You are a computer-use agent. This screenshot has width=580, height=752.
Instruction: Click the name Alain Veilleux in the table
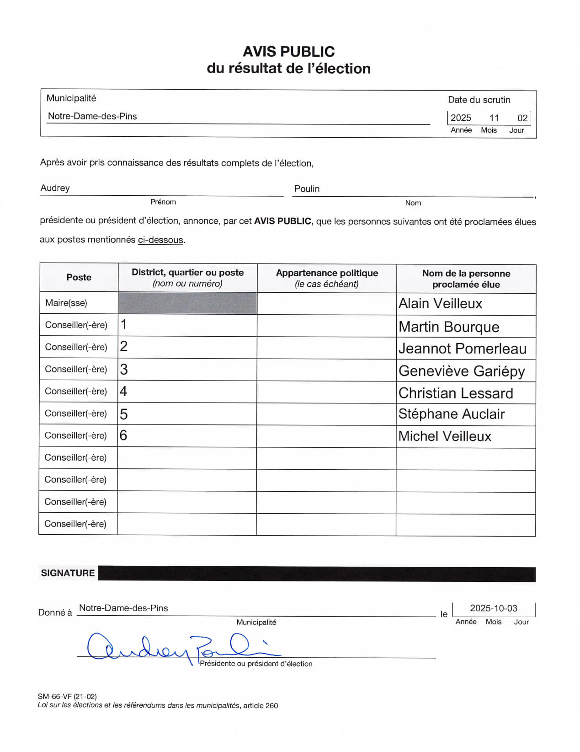coord(440,304)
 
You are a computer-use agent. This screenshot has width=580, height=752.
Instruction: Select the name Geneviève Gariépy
coord(462,371)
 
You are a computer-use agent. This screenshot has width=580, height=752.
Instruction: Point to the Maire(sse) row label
coord(66,303)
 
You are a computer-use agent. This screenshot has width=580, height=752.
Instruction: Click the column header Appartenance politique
coord(327,273)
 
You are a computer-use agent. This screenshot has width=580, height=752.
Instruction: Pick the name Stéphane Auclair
coord(452,414)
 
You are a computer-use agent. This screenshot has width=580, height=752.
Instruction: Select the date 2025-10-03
coord(494,608)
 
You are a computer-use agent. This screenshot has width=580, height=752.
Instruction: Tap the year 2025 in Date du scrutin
coord(461,118)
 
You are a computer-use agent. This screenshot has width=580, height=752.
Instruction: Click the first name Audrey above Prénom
coord(55,188)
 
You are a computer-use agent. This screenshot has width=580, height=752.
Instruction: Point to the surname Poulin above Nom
coord(307,189)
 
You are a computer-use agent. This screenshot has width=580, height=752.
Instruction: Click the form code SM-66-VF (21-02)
coord(67,697)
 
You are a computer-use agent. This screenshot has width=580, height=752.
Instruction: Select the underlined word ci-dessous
coord(160,240)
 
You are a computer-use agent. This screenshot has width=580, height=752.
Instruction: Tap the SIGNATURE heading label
coord(68,573)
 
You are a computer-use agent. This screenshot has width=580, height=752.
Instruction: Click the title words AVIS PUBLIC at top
coord(289,51)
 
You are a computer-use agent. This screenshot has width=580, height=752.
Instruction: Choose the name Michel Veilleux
coord(445,436)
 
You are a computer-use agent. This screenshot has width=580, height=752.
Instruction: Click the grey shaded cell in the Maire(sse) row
coord(187,303)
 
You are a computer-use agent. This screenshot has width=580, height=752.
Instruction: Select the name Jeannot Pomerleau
coord(463,349)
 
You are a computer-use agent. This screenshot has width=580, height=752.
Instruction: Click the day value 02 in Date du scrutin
coord(522,118)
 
